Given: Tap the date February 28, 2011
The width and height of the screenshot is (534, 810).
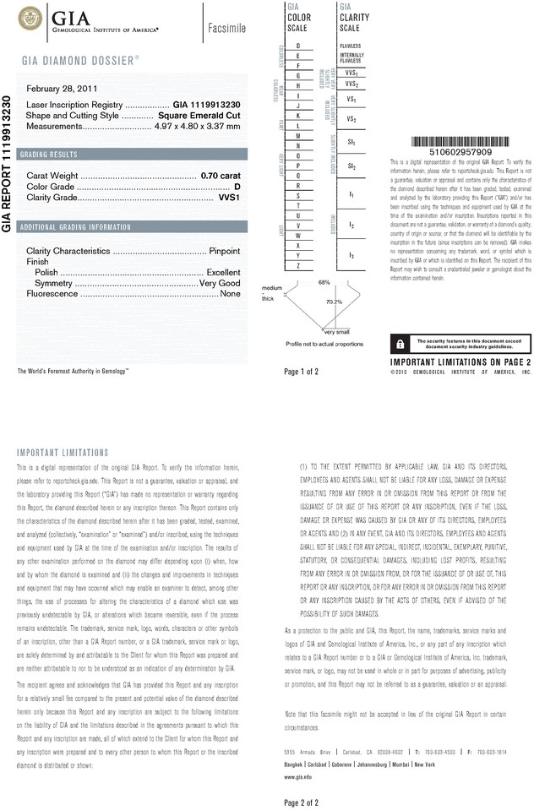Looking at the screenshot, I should (62, 89).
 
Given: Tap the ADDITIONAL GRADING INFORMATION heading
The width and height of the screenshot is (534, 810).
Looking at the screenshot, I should (76, 227).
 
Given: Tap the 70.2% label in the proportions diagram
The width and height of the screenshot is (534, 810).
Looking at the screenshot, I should (333, 302).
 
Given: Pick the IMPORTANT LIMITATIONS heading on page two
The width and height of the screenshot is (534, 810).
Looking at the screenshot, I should (63, 453).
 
